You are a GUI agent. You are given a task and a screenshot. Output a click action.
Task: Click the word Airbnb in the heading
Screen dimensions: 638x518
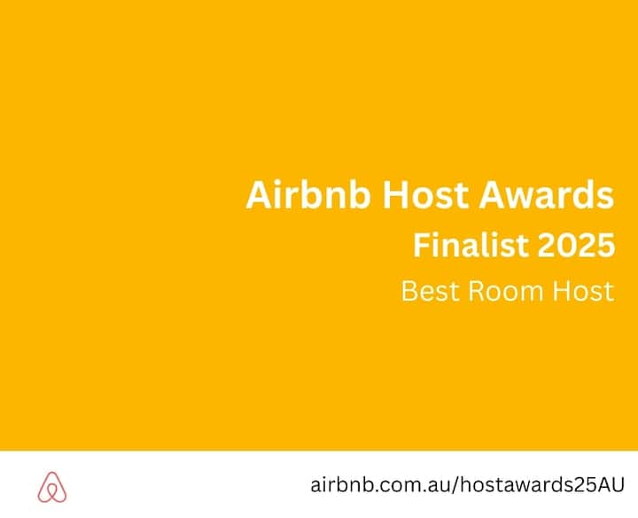pos(308,194)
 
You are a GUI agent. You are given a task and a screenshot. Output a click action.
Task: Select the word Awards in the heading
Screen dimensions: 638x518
pos(546,194)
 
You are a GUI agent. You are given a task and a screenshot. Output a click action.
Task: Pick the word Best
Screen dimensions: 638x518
pos(431,291)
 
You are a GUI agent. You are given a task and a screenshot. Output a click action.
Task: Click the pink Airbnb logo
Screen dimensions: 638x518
pos(52,487)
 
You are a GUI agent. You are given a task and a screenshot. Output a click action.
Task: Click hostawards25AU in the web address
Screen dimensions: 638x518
pos(542,484)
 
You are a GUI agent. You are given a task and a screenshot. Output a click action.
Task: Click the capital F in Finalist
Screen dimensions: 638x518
pos(422,245)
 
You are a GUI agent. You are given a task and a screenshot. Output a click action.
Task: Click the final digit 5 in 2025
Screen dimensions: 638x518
pos(606,245)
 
